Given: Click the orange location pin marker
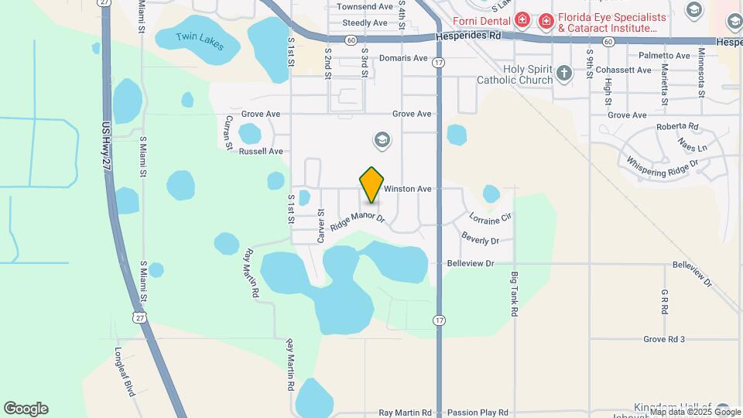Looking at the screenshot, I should click(372, 185).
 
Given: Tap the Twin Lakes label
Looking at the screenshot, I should click(200, 41).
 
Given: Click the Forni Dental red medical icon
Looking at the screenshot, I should click(523, 19).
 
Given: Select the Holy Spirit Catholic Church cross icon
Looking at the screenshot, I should click(564, 74).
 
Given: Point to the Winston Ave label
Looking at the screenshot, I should click(407, 189).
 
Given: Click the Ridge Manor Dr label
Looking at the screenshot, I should click(357, 221).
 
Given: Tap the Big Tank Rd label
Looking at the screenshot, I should click(513, 293).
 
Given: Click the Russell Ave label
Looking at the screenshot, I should click(261, 152).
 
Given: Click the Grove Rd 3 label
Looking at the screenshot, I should click(664, 339).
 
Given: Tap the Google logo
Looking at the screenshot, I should click(26, 409).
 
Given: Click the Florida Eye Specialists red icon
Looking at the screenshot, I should click(546, 19).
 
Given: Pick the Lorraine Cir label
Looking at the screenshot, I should click(490, 218).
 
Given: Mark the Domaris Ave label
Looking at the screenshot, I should click(403, 58).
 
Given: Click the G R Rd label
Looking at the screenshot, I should click(664, 302).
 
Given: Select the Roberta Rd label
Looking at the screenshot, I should click(677, 126).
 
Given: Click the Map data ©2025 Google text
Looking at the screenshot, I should click(690, 413).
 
